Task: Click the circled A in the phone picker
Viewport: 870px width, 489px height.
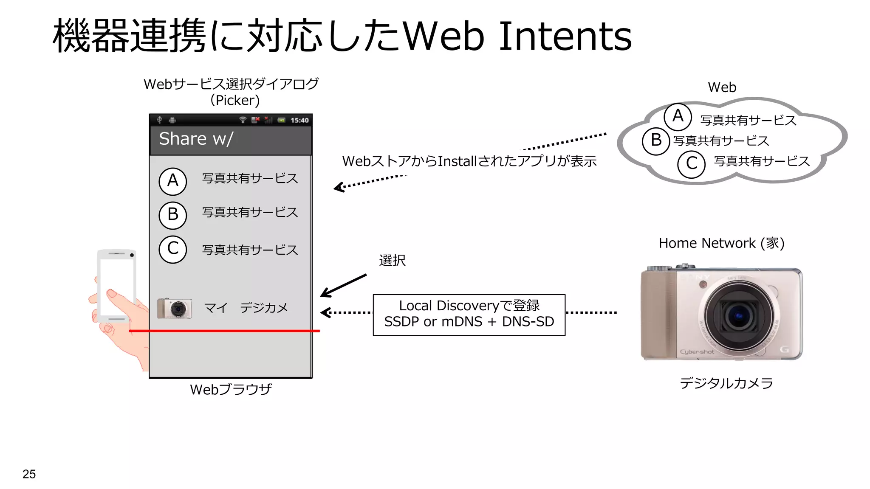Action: pyautogui.click(x=172, y=181)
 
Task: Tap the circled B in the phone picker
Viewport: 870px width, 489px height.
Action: pyautogui.click(x=172, y=215)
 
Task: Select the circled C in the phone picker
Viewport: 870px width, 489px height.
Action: pyautogui.click(x=172, y=249)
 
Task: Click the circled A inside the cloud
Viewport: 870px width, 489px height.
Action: pyautogui.click(x=678, y=116)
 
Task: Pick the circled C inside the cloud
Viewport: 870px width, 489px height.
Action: pyautogui.click(x=691, y=164)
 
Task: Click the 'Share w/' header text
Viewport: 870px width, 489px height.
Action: pyautogui.click(x=196, y=139)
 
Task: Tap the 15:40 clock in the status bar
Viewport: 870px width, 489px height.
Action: pyautogui.click(x=299, y=121)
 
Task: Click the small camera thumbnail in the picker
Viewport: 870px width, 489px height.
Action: pyautogui.click(x=174, y=309)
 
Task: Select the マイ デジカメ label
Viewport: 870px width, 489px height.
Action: pyautogui.click(x=246, y=308)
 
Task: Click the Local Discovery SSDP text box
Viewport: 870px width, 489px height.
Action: pyautogui.click(x=469, y=315)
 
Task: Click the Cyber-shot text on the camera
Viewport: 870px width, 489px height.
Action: pyautogui.click(x=697, y=352)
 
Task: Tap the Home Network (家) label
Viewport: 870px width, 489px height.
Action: pyautogui.click(x=721, y=243)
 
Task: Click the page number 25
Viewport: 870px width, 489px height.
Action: pyautogui.click(x=29, y=474)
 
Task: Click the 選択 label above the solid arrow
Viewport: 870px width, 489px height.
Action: pyautogui.click(x=392, y=260)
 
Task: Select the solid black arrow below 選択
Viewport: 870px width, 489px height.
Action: pyautogui.click(x=343, y=286)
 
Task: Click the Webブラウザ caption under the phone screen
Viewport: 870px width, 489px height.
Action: pyautogui.click(x=231, y=389)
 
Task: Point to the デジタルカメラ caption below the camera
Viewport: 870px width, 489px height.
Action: pyautogui.click(x=726, y=383)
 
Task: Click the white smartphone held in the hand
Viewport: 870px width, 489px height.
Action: pyautogui.click(x=116, y=286)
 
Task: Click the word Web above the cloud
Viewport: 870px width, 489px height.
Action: pyautogui.click(x=722, y=87)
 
